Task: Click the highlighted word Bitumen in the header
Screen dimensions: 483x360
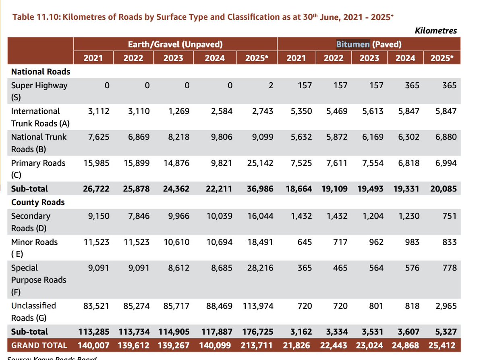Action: coord(353,44)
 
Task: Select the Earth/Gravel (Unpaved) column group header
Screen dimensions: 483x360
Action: coord(175,44)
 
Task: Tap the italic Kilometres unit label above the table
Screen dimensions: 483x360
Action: coord(435,31)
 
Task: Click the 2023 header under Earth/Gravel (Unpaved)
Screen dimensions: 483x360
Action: coord(173,58)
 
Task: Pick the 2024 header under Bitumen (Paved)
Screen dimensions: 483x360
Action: coord(405,58)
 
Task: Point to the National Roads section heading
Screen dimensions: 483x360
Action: coord(41,71)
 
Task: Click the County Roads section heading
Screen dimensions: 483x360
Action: coord(38,202)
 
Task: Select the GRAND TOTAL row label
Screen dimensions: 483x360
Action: coord(39,345)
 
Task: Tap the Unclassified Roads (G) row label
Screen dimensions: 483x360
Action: coord(33,312)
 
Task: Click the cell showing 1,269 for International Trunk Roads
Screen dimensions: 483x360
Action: coord(179,111)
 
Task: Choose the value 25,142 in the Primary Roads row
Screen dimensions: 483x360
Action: coord(260,163)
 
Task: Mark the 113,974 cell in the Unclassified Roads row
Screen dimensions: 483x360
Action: coord(258,306)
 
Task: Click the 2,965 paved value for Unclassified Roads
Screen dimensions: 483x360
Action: coord(446,306)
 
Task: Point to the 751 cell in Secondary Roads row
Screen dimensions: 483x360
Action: coord(450,216)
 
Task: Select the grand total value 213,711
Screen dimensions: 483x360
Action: coord(257,345)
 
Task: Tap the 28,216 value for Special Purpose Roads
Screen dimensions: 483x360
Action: coord(260,268)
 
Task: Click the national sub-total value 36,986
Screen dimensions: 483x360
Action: coord(260,189)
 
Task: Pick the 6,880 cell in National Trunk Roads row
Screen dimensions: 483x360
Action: coord(446,137)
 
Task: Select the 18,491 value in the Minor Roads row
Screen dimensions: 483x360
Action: coord(260,242)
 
